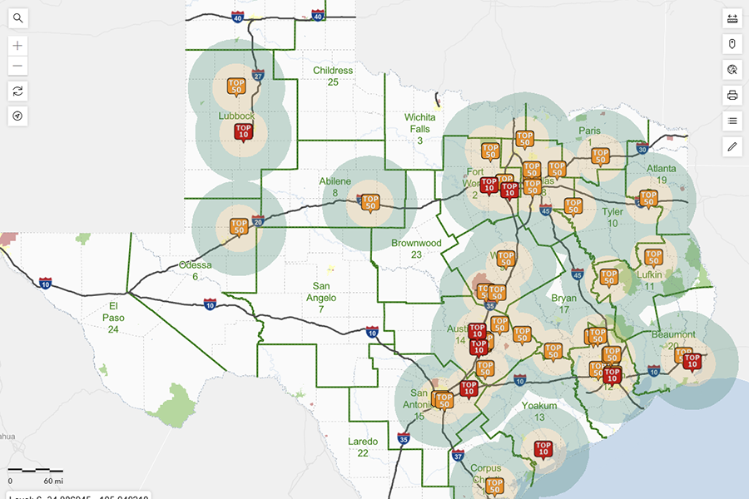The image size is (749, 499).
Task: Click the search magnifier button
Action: [17, 18]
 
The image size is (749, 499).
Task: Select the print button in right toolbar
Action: [732, 95]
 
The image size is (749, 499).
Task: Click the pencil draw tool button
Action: [732, 146]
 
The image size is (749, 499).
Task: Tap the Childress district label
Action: [333, 76]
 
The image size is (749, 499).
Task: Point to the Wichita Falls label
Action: [420, 128]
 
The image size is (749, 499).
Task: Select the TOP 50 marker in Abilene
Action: [370, 202]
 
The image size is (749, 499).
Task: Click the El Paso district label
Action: [113, 317]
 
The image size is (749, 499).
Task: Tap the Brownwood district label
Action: [416, 249]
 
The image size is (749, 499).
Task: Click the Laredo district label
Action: [363, 447]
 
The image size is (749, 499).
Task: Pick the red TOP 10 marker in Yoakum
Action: [543, 449]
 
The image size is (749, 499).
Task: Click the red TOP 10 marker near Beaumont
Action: [691, 360]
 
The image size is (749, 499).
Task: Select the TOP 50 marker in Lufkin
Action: [653, 257]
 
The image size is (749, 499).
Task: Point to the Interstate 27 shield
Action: [258, 76]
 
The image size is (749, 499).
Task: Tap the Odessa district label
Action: [196, 270]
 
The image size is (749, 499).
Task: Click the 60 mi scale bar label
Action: [54, 481]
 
